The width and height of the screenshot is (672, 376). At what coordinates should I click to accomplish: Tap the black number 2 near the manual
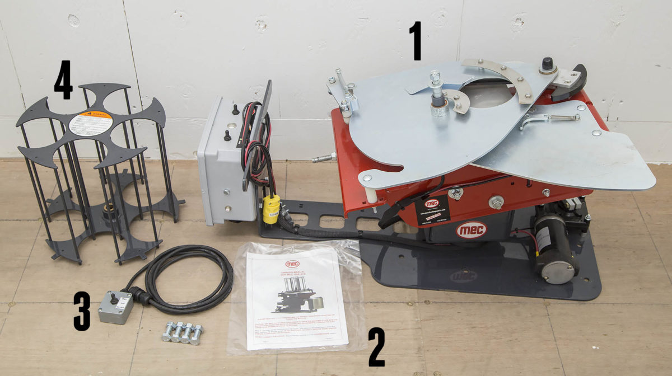pos(376,346)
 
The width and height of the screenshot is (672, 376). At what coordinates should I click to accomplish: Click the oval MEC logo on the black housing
pos(471,230)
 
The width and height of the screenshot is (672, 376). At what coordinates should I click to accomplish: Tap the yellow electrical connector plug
pos(270,209)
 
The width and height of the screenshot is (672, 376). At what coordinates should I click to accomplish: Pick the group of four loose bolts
pos(182,332)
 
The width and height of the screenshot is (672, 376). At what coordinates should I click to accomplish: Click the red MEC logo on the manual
pos(292,263)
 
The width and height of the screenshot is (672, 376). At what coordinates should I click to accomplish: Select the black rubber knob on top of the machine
pos(547,63)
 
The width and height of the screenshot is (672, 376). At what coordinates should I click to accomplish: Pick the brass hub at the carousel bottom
pos(109,211)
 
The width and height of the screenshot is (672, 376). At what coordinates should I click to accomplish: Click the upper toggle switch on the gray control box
pos(235,109)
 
